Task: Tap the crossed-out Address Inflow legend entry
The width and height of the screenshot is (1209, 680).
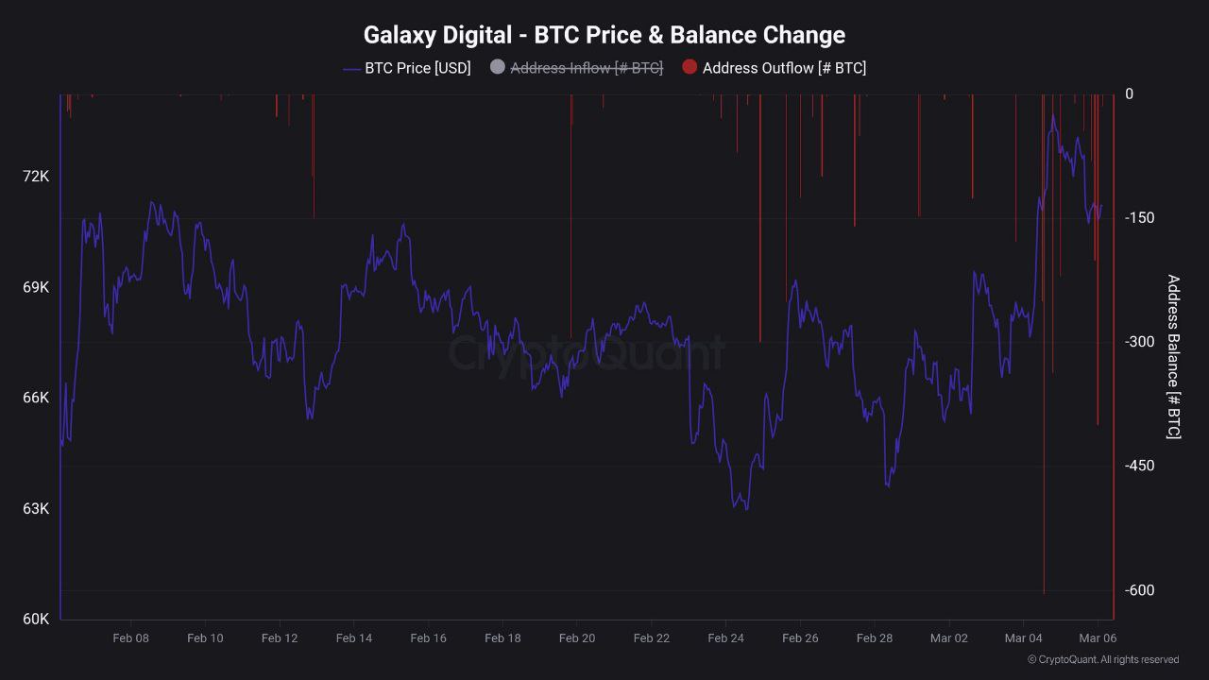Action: pyautogui.click(x=586, y=68)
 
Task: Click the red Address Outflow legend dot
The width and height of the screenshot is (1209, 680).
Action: pyautogui.click(x=690, y=67)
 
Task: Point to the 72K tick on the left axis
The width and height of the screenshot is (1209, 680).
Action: pyautogui.click(x=36, y=177)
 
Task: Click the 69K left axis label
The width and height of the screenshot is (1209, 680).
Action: pyautogui.click(x=36, y=287)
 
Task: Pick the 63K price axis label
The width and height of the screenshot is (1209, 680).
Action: pyautogui.click(x=36, y=509)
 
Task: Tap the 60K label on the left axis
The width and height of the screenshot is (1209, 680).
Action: pyautogui.click(x=36, y=620)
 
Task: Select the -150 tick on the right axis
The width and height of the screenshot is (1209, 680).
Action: pyautogui.click(x=1139, y=218)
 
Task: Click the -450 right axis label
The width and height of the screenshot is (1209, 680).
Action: pyautogui.click(x=1139, y=466)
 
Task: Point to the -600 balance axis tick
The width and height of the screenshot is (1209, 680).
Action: pyautogui.click(x=1139, y=590)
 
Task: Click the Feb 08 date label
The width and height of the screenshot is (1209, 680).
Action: pyautogui.click(x=130, y=638)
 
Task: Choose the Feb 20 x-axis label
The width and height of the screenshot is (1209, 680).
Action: pyautogui.click(x=577, y=638)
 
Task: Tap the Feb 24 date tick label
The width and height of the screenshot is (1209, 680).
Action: pyautogui.click(x=725, y=638)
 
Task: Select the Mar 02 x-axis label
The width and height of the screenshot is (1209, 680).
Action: pyautogui.click(x=949, y=638)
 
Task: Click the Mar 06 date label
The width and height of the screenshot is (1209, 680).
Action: pyautogui.click(x=1098, y=638)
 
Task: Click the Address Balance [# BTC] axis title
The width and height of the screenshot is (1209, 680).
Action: pyautogui.click(x=1173, y=357)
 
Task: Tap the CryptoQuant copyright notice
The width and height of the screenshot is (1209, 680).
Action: pyautogui.click(x=1103, y=660)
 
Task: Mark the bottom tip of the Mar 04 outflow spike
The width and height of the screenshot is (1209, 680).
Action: pyautogui.click(x=1044, y=592)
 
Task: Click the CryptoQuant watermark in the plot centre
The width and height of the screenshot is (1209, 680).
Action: pyautogui.click(x=586, y=353)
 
